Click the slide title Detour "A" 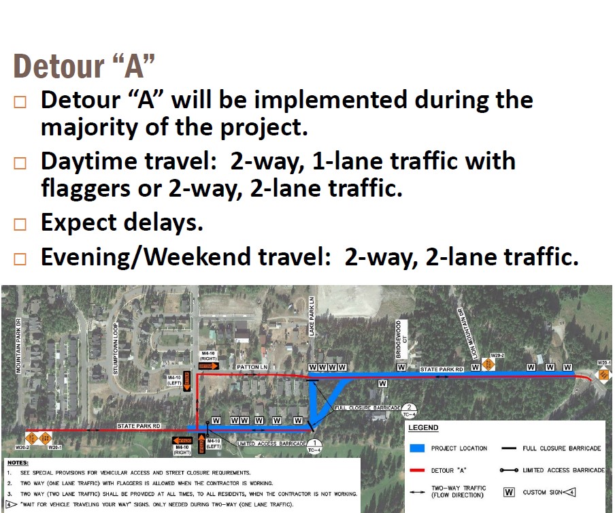coord(84,66)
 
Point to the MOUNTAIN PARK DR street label coord(19,346)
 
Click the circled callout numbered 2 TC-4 coord(410,410)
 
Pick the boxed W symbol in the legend coord(508,492)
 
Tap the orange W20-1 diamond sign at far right coord(603,375)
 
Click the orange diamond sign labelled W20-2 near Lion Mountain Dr coord(490,365)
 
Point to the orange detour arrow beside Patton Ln coord(208,365)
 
